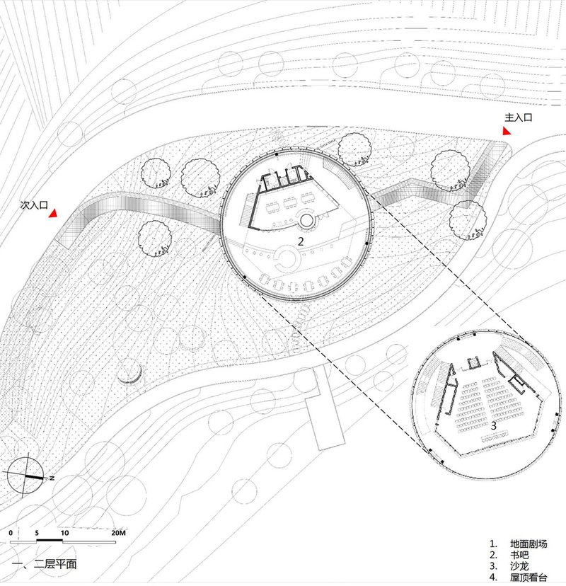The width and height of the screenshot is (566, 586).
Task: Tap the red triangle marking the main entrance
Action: [x=507, y=132]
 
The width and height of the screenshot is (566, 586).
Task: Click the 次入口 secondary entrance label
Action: [x=33, y=205]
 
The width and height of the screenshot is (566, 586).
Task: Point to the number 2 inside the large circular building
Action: [x=301, y=241]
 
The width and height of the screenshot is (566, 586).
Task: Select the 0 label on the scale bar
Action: [x=11, y=532]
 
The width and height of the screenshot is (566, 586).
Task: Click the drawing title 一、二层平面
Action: [x=44, y=565]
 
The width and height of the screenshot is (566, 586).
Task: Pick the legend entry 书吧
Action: [x=519, y=556]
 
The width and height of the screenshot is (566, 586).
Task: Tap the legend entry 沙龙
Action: [x=519, y=567]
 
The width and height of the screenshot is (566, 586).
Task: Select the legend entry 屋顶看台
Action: [x=529, y=578]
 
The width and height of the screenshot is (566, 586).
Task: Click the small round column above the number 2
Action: [x=307, y=221]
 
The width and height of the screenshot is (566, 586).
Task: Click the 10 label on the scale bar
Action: [x=64, y=532]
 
